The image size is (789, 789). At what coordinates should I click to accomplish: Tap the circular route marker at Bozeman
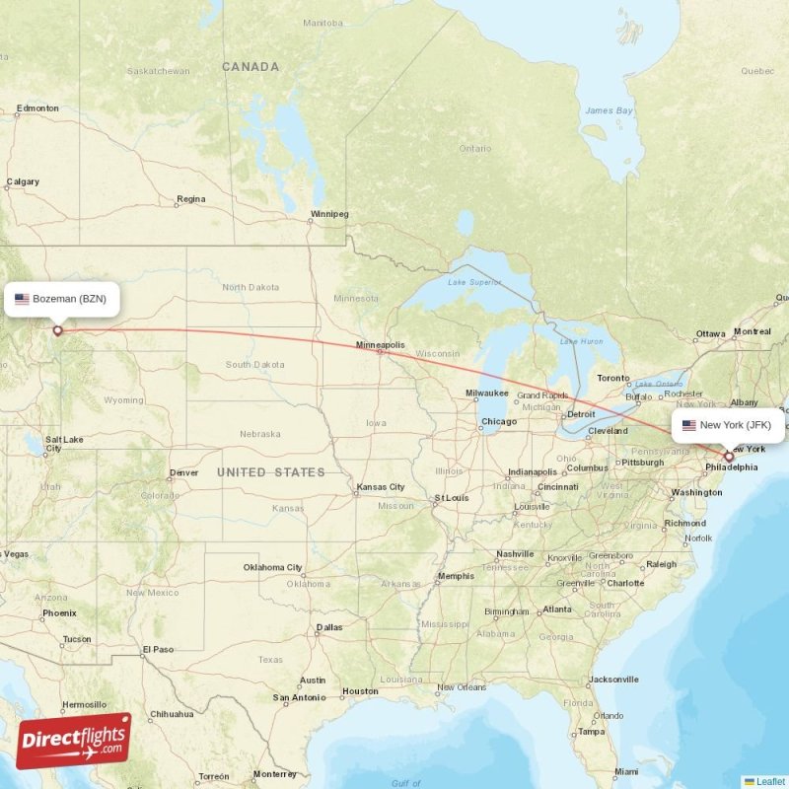(57, 330)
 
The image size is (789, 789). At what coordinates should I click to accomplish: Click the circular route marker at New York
(729, 457)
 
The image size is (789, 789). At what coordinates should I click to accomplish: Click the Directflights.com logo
(73, 741)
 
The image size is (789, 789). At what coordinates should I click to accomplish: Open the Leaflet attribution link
(770, 781)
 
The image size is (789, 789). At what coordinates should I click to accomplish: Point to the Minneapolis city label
(381, 345)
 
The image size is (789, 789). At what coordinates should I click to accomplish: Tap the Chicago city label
(498, 422)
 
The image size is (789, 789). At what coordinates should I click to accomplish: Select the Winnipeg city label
(329, 213)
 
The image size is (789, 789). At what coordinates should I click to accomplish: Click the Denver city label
(183, 472)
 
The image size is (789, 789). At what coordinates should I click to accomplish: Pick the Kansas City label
(381, 487)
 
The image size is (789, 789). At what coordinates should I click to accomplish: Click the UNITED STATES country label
(271, 472)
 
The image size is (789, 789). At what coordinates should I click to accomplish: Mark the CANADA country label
(251, 67)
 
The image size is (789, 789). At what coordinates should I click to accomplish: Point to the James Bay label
(609, 110)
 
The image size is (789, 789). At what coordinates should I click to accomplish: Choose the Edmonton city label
(37, 108)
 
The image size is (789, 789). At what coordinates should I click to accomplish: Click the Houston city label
(360, 691)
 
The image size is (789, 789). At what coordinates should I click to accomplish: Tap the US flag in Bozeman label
(22, 299)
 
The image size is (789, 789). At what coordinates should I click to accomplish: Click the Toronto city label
(612, 378)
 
